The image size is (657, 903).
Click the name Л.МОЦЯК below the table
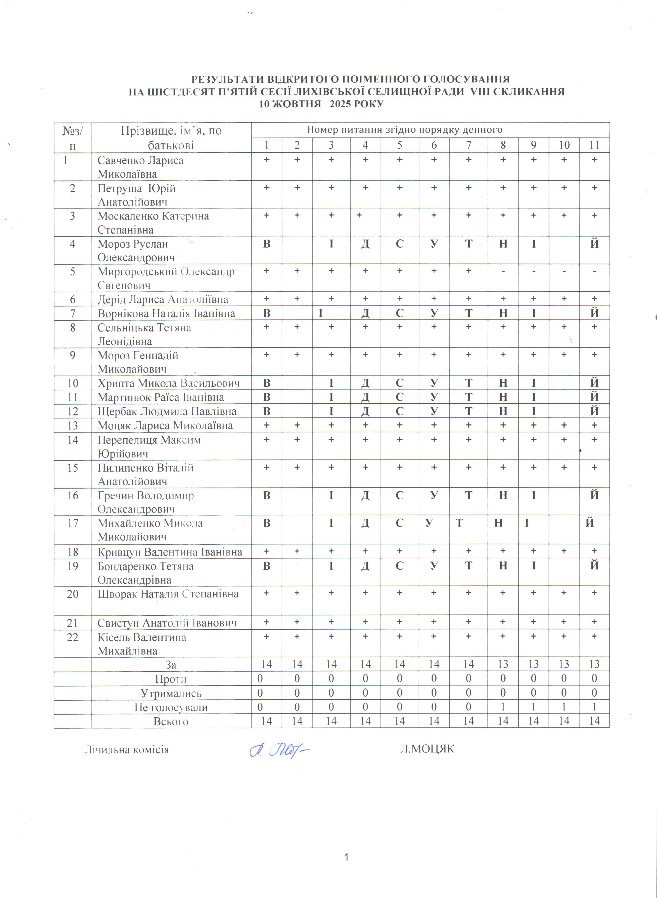[x=427, y=749]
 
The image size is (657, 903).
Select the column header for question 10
[x=564, y=145]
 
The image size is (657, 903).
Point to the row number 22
[x=72, y=637]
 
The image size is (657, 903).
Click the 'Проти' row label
[x=171, y=679]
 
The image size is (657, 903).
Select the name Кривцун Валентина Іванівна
[x=170, y=552]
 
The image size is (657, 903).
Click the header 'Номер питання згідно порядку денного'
[x=405, y=130]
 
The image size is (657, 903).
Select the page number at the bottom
[x=347, y=857]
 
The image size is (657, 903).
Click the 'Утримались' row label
[x=171, y=693]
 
